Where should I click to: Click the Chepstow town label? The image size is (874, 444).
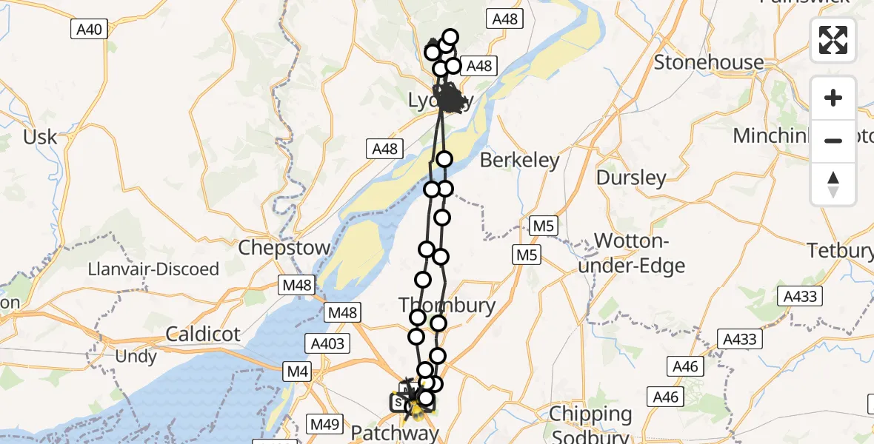pyautogui.click(x=284, y=247)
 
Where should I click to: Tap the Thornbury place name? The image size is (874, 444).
pyautogui.click(x=447, y=304)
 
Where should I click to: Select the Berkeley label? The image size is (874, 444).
pyautogui.click(x=520, y=160)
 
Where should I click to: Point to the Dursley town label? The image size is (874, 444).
pyautogui.click(x=631, y=178)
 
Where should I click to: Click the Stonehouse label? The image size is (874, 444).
pyautogui.click(x=709, y=62)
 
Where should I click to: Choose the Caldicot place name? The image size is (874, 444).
pyautogui.click(x=203, y=334)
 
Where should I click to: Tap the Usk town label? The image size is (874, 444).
pyautogui.click(x=39, y=137)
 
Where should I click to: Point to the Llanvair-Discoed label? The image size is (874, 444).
pyautogui.click(x=153, y=269)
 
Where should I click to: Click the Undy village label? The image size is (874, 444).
pyautogui.click(x=136, y=357)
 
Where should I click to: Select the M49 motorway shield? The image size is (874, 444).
pyautogui.click(x=324, y=425)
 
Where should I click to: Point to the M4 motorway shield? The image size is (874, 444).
pyautogui.click(x=298, y=372)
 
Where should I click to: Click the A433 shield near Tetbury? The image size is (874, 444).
pyautogui.click(x=801, y=297)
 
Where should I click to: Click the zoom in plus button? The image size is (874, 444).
pyautogui.click(x=833, y=98)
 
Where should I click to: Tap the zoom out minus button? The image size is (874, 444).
pyautogui.click(x=833, y=141)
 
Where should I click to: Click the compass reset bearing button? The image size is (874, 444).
pyautogui.click(x=833, y=184)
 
